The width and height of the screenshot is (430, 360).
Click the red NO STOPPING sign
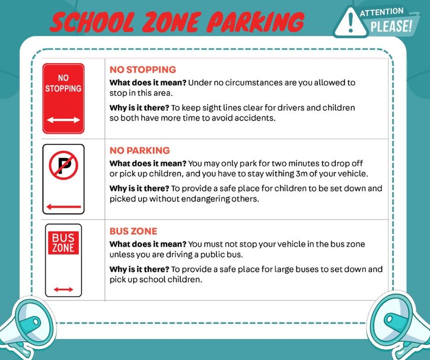tap(63, 98)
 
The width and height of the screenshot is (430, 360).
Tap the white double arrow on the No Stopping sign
tap(63, 120)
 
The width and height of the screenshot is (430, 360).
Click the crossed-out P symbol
tap(63, 165)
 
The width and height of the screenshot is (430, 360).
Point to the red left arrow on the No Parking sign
tap(63, 206)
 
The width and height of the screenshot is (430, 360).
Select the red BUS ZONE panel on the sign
tap(63, 242)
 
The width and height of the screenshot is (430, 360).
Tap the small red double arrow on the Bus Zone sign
tap(63, 289)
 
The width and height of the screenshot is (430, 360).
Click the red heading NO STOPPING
tap(143, 69)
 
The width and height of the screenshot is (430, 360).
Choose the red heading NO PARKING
tap(140, 150)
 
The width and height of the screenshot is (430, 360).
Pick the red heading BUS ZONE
tap(133, 231)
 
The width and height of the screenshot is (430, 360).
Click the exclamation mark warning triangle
tap(351, 22)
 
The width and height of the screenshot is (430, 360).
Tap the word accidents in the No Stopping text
tap(257, 118)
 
